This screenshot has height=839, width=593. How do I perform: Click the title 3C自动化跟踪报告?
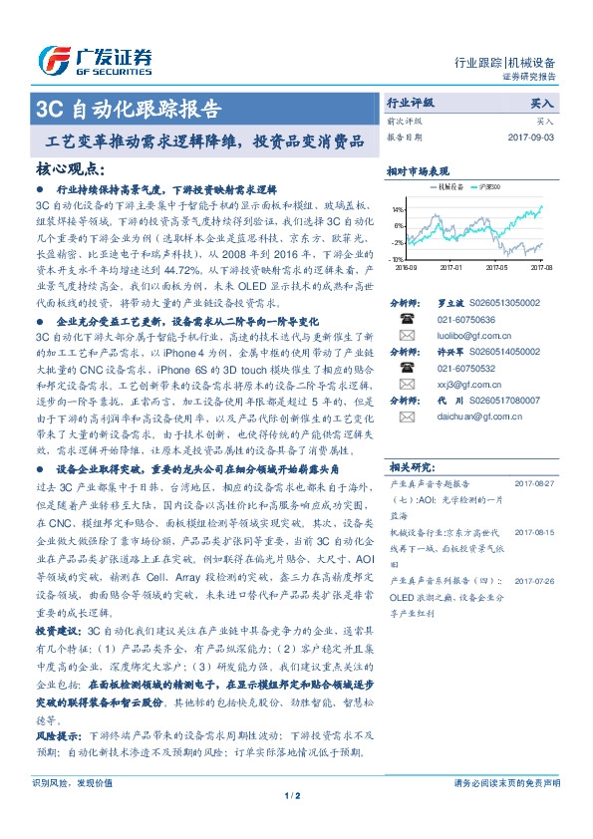tap(129, 109)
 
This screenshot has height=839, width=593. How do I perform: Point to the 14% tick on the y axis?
tap(397, 210)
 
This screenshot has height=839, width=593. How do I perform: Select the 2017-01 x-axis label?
tap(451, 267)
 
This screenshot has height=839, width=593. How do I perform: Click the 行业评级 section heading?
tap(410, 104)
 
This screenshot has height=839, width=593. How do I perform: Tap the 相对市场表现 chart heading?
tap(418, 170)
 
